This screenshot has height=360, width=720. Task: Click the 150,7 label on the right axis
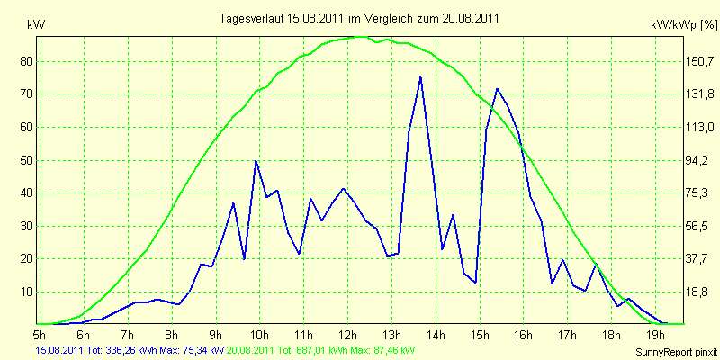point(697,61)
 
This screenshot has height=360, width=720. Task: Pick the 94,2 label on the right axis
point(697,161)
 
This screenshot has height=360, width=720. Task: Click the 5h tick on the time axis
point(40,333)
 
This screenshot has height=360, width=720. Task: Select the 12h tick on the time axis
point(347,333)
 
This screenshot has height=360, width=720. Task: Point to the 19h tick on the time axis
point(655,333)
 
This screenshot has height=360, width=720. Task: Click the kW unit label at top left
point(36,25)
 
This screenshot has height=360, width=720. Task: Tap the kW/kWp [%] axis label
point(684,25)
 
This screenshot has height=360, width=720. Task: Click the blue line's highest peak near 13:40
point(420,77)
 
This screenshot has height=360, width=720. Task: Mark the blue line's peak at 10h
point(256,161)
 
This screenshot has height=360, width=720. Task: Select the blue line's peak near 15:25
point(497,88)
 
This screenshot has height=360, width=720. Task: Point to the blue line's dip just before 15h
point(476,282)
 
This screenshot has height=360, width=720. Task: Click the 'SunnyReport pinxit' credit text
point(676,352)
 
